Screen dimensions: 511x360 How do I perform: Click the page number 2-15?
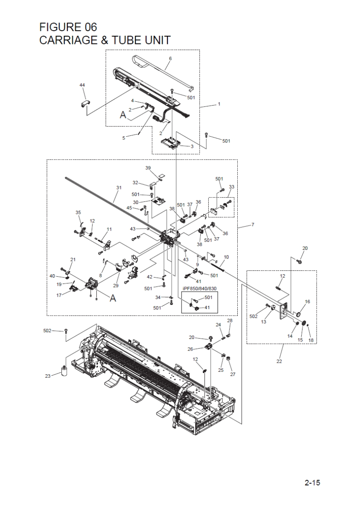[x=312, y=483]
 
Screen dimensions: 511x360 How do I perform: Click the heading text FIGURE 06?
[x=68, y=27]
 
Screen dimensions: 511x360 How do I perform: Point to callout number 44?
[x=82, y=86]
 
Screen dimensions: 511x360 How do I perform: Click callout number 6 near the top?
[x=170, y=58]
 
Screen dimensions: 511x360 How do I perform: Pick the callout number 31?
[x=118, y=187]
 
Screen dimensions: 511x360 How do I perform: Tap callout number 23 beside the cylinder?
[x=48, y=376]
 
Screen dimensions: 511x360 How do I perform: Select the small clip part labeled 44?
[x=84, y=103]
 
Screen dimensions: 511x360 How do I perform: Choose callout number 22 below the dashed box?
[x=279, y=362]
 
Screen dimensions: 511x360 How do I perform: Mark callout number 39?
[x=148, y=168]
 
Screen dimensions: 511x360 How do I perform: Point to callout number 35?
[x=78, y=212]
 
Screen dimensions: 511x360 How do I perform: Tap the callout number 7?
[x=253, y=224]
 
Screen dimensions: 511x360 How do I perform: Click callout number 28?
[x=230, y=320]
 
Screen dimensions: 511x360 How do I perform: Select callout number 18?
[x=311, y=340]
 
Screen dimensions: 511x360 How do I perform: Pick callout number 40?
[x=52, y=276]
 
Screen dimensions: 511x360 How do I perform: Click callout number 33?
[x=231, y=187]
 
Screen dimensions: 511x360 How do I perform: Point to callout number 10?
[x=226, y=257]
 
